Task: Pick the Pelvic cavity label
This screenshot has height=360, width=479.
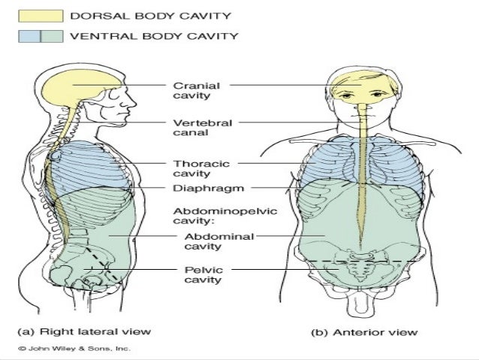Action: [x=200, y=274]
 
